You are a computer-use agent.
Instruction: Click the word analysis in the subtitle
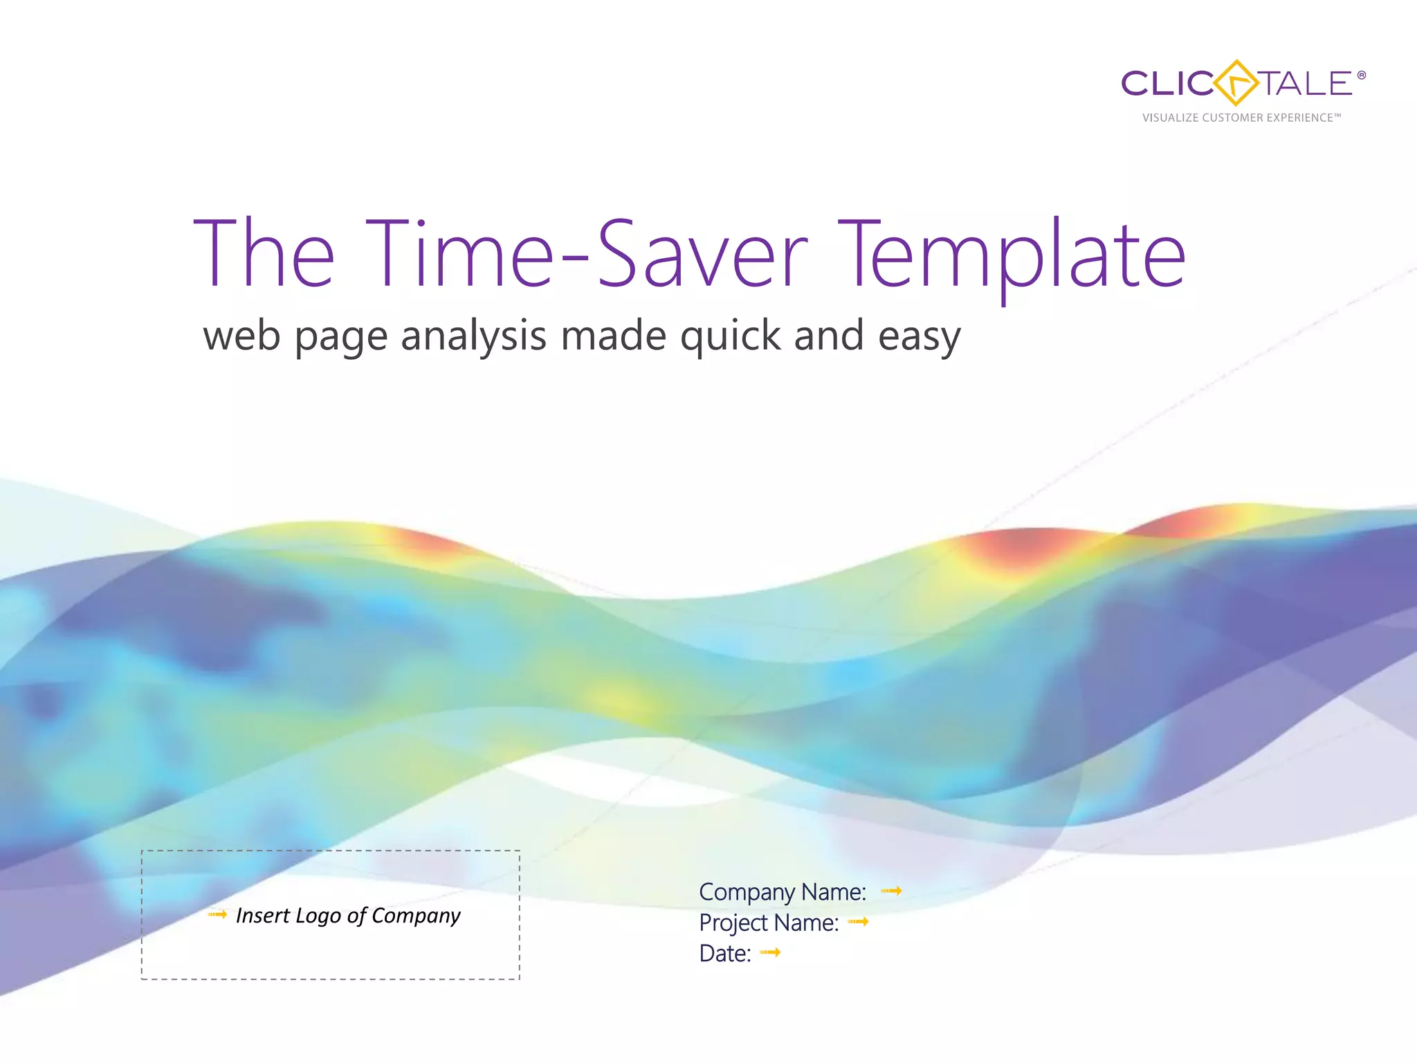(x=473, y=337)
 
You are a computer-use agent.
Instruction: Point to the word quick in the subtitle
(x=729, y=337)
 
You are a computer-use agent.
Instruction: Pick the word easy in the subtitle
(x=919, y=338)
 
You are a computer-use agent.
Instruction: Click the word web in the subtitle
(x=241, y=337)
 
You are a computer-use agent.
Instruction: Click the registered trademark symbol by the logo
(x=1362, y=75)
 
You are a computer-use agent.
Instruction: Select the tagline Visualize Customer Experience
(x=1241, y=118)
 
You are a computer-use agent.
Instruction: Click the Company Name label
(x=783, y=892)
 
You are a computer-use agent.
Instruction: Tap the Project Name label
(x=769, y=923)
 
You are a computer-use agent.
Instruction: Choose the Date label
(x=725, y=954)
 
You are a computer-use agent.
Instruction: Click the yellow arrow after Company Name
(x=891, y=891)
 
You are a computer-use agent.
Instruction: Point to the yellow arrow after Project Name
(x=858, y=921)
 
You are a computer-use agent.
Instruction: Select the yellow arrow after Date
(x=770, y=952)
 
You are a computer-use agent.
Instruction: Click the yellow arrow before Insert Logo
(x=217, y=914)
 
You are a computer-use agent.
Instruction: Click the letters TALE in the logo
(x=1305, y=84)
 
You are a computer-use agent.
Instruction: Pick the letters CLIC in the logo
(x=1165, y=84)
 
